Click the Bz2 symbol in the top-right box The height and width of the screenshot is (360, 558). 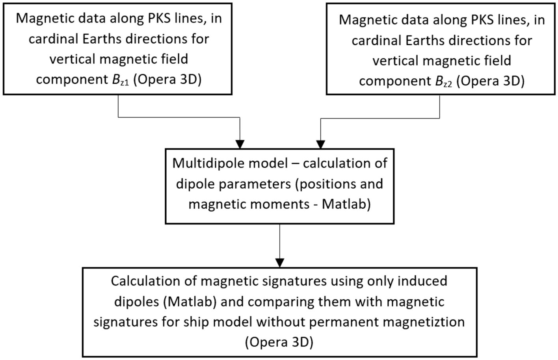(x=443, y=82)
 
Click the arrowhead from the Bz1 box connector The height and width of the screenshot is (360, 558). (x=240, y=144)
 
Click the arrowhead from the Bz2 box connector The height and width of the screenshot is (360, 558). (x=320, y=144)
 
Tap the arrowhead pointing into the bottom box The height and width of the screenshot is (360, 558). (x=279, y=263)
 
